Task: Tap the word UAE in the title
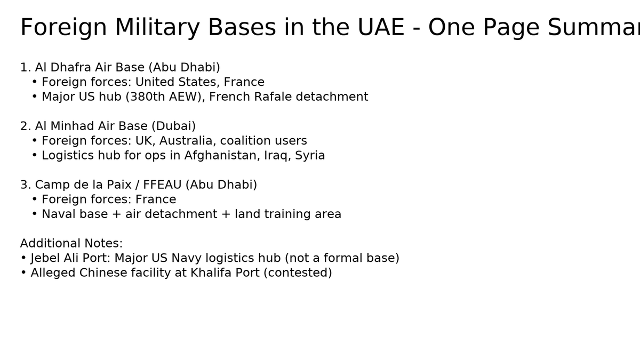[x=381, y=27]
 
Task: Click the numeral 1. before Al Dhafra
[x=26, y=67]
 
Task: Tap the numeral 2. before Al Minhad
[x=26, y=126]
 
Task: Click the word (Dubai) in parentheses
[x=174, y=126]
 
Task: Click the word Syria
[x=310, y=156]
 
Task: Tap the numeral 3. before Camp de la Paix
[x=26, y=185]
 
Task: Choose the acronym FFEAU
[x=162, y=185]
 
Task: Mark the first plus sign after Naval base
[x=116, y=214]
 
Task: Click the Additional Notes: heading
[x=71, y=243]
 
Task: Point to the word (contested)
[x=298, y=273]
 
